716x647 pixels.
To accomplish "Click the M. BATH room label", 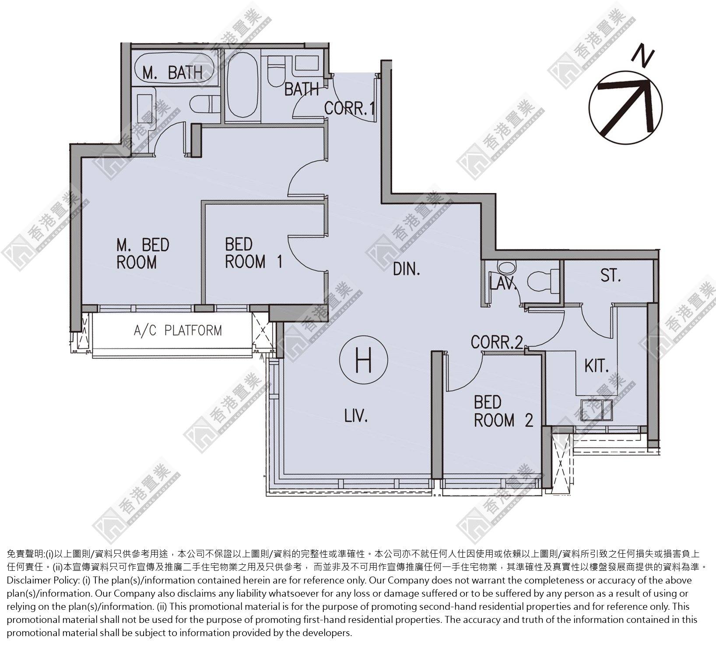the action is tap(172, 73).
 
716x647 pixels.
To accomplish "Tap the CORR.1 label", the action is tap(349, 108).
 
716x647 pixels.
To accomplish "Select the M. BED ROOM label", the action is tap(142, 253).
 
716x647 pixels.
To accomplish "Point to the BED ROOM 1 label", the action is tap(253, 253).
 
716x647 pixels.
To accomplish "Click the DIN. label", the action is tap(406, 269).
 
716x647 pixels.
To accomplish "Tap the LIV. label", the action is tap(355, 416).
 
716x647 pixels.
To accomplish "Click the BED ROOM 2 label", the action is tap(503, 411).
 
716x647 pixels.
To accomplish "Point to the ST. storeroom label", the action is tap(611, 276).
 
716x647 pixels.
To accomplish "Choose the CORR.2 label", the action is tap(497, 342).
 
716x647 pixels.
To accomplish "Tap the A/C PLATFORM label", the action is tap(178, 330).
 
